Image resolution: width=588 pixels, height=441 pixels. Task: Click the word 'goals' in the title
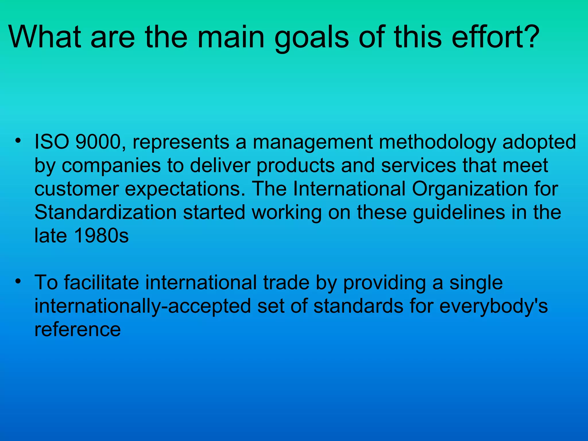click(x=312, y=38)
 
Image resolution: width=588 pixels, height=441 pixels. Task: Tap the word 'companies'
click(x=111, y=166)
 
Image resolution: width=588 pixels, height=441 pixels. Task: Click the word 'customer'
click(x=77, y=189)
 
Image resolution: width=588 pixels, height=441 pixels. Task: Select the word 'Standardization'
click(x=105, y=212)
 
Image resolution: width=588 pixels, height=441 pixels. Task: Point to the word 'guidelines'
click(x=459, y=213)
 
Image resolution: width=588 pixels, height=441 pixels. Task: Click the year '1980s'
click(x=101, y=236)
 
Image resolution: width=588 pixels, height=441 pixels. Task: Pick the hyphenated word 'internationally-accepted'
click(x=143, y=306)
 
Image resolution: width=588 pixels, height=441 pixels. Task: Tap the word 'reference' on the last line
click(x=78, y=329)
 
